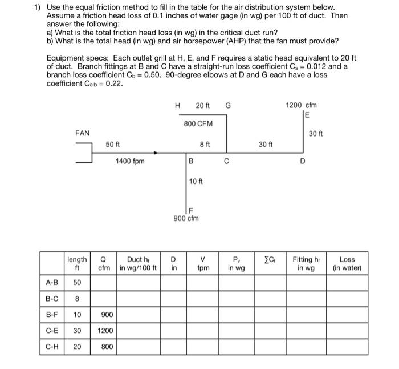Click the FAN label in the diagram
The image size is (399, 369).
(x=83, y=133)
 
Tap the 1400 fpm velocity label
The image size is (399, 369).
(x=130, y=161)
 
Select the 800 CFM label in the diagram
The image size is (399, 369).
(x=198, y=124)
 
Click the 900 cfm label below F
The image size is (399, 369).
(x=186, y=218)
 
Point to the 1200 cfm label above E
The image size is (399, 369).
(x=302, y=106)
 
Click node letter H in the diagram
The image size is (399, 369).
(x=178, y=106)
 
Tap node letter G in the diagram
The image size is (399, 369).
(x=228, y=106)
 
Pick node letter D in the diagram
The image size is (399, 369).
(x=303, y=162)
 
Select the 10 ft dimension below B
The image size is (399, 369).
(x=196, y=182)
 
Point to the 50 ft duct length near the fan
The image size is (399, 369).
(x=112, y=145)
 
